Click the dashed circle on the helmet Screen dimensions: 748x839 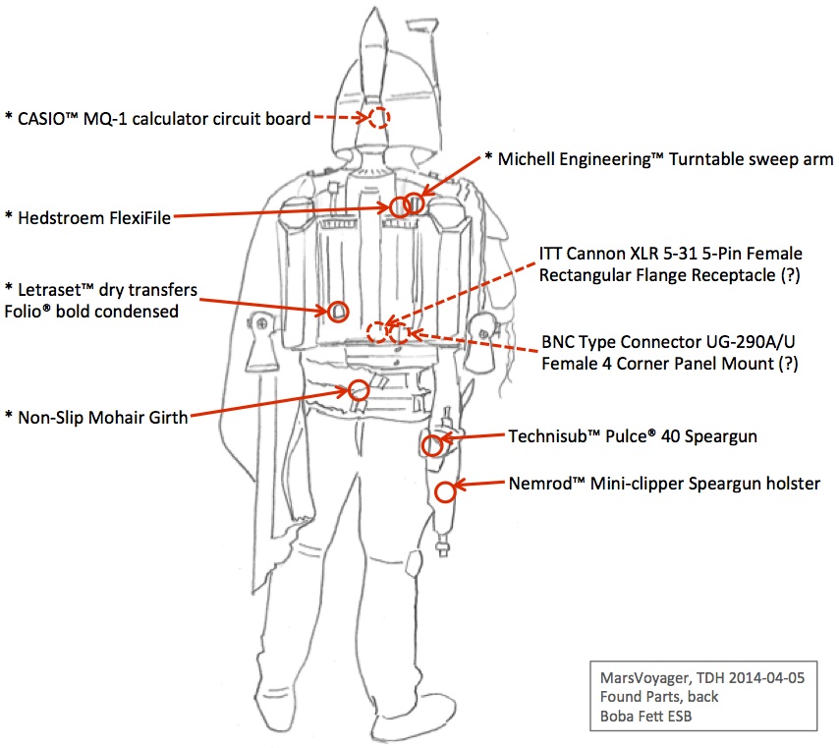[379, 118]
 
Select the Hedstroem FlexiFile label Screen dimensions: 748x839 [94, 218]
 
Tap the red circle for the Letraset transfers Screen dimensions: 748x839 [338, 312]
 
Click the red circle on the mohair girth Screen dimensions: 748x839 [359, 389]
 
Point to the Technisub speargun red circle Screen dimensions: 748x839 [431, 445]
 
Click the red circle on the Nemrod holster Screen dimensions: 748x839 [445, 491]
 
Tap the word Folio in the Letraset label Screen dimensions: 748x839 [31, 312]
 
